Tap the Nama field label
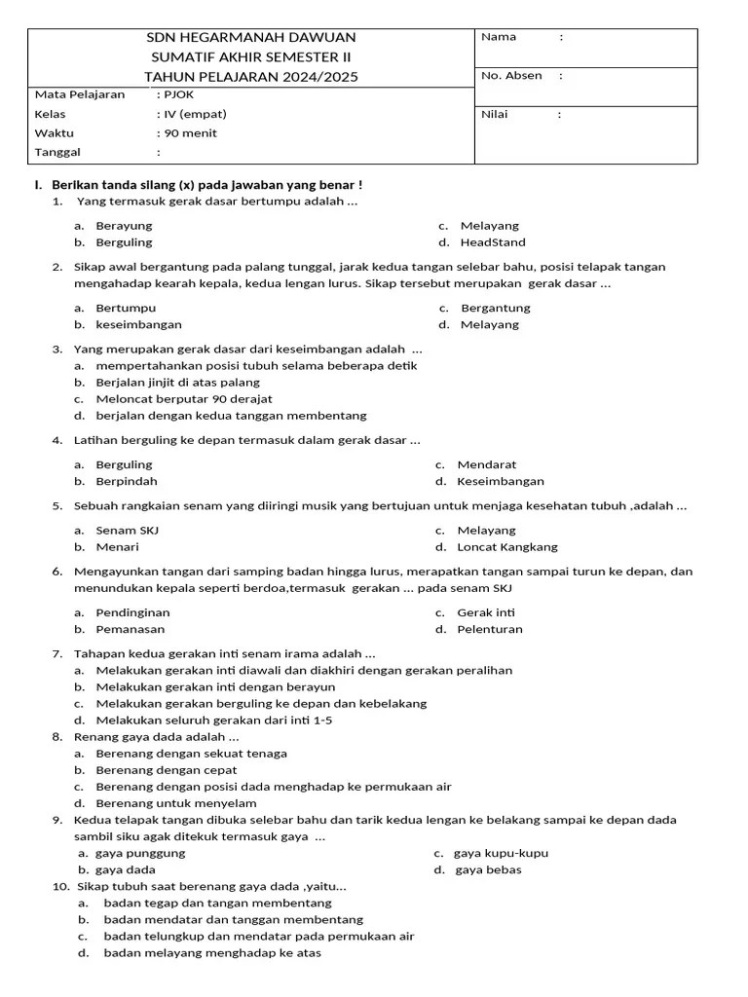499,37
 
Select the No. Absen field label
511,76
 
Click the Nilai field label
495,115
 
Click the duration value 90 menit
190,133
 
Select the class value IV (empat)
195,114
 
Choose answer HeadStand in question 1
493,242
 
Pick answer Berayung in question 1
124,226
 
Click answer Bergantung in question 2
495,308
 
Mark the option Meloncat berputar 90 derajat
184,399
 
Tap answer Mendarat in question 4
487,465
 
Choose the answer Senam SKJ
127,531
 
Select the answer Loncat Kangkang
507,547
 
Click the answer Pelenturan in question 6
490,629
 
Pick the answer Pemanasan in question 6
130,629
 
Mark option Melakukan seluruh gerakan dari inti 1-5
214,720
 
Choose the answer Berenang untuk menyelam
176,803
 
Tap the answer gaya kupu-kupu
501,853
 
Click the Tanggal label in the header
57,153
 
